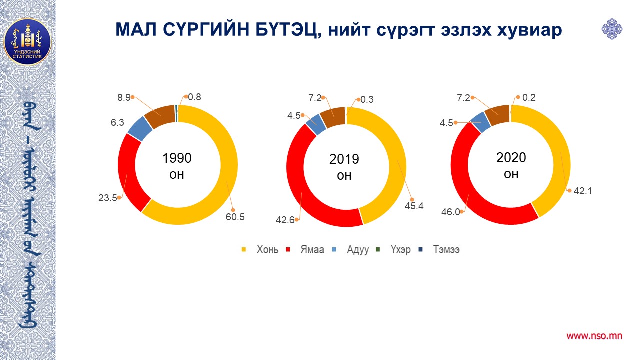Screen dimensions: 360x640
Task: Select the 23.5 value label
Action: pyautogui.click(x=107, y=198)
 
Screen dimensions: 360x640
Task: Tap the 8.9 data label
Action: pyautogui.click(x=124, y=97)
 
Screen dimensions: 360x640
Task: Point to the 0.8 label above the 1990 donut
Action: pyautogui.click(x=195, y=97)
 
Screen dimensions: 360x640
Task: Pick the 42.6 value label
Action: pyautogui.click(x=285, y=219)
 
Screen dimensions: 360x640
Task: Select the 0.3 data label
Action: pyautogui.click(x=367, y=100)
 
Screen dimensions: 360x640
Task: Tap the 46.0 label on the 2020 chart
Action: pyautogui.click(x=450, y=212)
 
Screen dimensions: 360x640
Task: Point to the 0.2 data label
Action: pyautogui.click(x=529, y=97)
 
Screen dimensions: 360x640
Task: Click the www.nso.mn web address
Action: pyautogui.click(x=594, y=336)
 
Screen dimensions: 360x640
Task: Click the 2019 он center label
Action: pyautogui.click(x=344, y=167)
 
